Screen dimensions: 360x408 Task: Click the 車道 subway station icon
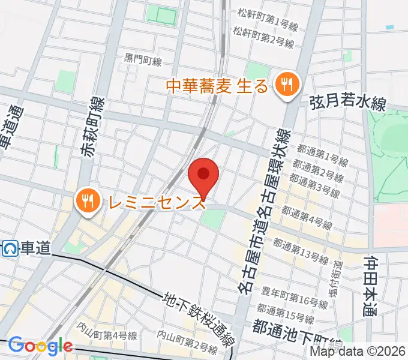[10, 247]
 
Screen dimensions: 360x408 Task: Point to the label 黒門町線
[143, 59]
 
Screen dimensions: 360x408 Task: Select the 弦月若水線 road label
[347, 103]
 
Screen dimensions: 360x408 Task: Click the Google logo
[40, 346]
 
